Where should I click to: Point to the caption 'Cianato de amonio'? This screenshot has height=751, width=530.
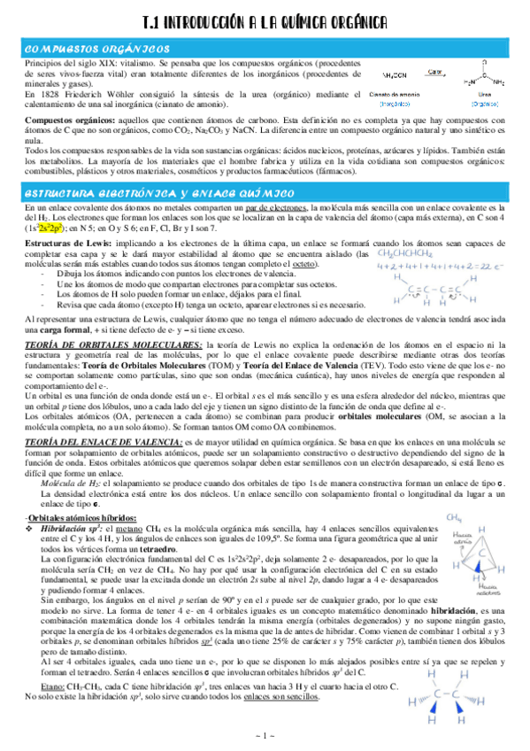(396, 92)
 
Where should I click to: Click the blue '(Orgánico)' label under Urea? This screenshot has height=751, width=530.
(484, 102)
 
